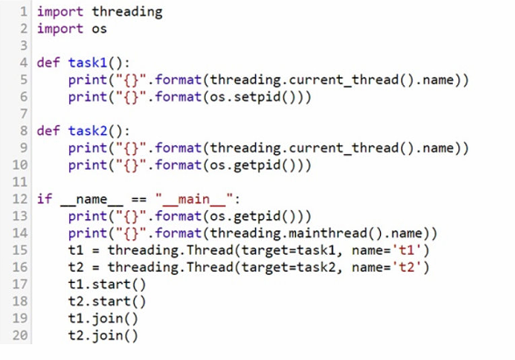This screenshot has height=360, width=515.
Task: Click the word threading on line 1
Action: click(127, 12)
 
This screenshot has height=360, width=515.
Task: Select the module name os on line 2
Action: click(99, 29)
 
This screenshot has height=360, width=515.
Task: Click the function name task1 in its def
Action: click(88, 62)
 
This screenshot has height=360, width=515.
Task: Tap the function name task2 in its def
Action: click(88, 131)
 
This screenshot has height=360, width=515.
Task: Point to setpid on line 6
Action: click(257, 97)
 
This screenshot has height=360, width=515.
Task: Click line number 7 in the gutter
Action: click(24, 114)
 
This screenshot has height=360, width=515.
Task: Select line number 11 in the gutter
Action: click(20, 181)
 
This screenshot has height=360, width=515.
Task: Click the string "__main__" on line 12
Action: click(194, 199)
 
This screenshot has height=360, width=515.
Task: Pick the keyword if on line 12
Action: click(45, 199)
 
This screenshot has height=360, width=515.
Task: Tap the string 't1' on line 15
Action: click(406, 250)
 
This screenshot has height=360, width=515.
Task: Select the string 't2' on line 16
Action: click(406, 267)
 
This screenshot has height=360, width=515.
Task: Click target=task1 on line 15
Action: click(288, 251)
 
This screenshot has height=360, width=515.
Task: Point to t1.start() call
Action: click(107, 285)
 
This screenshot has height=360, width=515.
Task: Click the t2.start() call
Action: click(107, 301)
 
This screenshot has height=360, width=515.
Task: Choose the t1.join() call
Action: click(103, 319)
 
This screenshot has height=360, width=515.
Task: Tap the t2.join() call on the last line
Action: click(103, 335)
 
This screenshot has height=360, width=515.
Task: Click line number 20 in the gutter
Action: click(20, 335)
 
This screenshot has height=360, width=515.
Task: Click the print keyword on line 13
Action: click(88, 216)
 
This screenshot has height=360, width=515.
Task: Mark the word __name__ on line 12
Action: click(92, 200)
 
